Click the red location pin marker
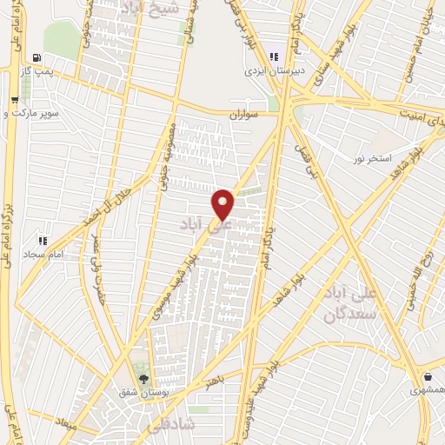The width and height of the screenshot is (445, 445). [x=223, y=204]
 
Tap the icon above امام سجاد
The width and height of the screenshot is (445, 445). [x=41, y=240]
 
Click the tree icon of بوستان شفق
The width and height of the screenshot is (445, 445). [x=143, y=379]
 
